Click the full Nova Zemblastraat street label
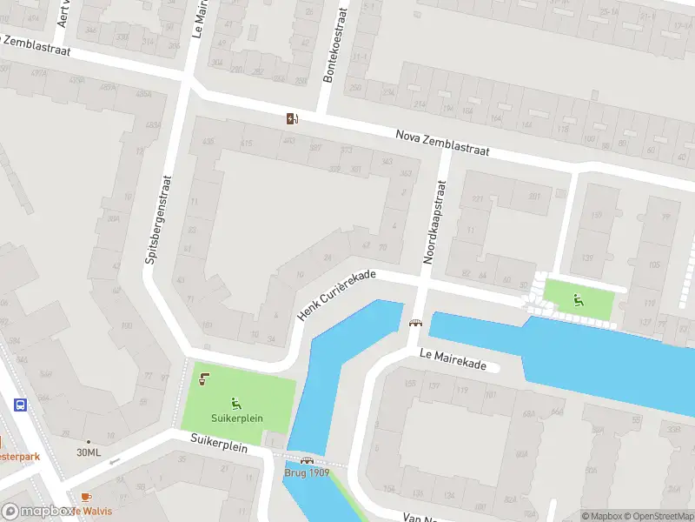(x=442, y=143)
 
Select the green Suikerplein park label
(x=235, y=418)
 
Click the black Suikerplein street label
(x=219, y=445)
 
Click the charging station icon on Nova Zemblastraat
(x=292, y=118)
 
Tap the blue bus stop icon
(x=19, y=405)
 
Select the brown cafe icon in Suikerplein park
(x=203, y=378)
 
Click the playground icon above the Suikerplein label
(x=235, y=403)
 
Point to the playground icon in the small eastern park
(x=578, y=301)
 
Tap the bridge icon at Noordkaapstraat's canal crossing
(x=415, y=324)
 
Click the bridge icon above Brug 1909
(x=306, y=460)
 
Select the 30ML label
(x=89, y=452)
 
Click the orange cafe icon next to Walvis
(x=85, y=497)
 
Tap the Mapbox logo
(x=36, y=512)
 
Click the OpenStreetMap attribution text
(x=657, y=516)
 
